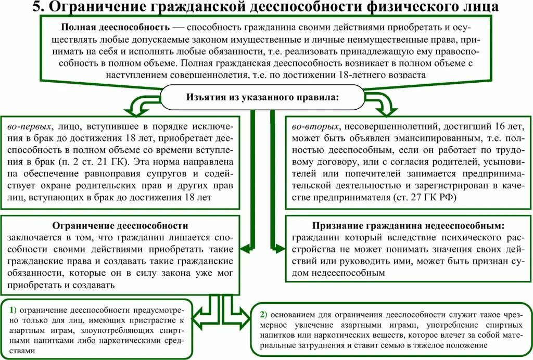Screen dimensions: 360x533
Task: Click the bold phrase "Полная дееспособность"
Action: pyautogui.click(x=116, y=27)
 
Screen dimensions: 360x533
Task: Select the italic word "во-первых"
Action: pyautogui.click(x=29, y=126)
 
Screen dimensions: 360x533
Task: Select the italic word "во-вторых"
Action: pyautogui.click(x=313, y=126)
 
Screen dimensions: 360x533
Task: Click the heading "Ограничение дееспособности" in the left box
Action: pyautogui.click(x=120, y=226)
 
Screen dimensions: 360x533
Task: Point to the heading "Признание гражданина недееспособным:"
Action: pyautogui.click(x=409, y=226)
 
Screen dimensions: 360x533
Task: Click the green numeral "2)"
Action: pyautogui.click(x=264, y=314)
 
